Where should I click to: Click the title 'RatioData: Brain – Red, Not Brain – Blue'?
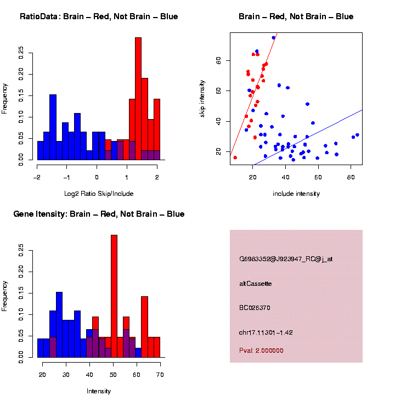click(99, 16)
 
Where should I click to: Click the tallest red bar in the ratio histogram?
click(138, 99)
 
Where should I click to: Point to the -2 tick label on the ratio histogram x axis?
click(37, 177)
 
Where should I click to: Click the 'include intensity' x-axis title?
click(296, 193)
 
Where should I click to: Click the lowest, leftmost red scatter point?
click(235, 157)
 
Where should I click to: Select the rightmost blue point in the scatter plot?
click(357, 135)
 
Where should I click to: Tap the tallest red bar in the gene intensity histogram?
click(114, 296)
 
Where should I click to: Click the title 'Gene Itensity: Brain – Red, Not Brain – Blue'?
click(99, 214)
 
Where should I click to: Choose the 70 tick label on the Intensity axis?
click(160, 374)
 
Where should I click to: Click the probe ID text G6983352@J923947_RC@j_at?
click(286, 259)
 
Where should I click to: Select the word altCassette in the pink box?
click(256, 284)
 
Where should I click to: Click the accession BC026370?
click(255, 308)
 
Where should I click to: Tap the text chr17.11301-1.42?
click(266, 332)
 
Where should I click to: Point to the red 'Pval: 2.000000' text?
click(262, 350)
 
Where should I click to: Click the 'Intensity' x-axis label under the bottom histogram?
click(99, 391)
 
